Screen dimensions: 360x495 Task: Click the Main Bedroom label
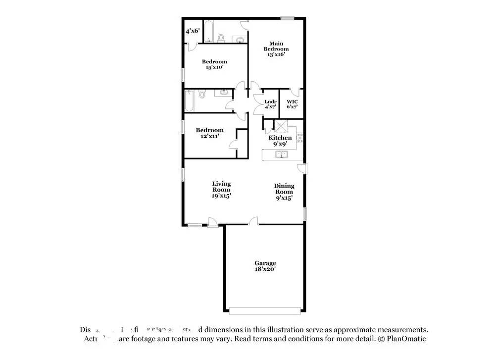(x=276, y=46)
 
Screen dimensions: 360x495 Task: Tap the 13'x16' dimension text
(x=276, y=55)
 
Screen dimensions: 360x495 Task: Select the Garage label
(x=265, y=263)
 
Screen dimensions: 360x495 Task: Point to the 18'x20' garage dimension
(x=265, y=269)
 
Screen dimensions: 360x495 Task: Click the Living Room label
(x=221, y=186)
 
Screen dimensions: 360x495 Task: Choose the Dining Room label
(x=284, y=189)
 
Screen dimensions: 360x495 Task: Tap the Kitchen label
(x=280, y=138)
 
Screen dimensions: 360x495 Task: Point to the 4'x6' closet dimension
(x=192, y=31)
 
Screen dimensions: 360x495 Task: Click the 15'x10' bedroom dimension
(x=214, y=68)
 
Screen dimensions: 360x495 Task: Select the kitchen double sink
(x=281, y=154)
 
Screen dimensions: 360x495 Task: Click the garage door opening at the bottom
(x=265, y=310)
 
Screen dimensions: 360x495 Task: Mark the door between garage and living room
(x=253, y=221)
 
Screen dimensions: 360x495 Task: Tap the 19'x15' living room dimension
(x=221, y=196)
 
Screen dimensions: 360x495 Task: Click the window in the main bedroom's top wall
(x=288, y=18)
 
